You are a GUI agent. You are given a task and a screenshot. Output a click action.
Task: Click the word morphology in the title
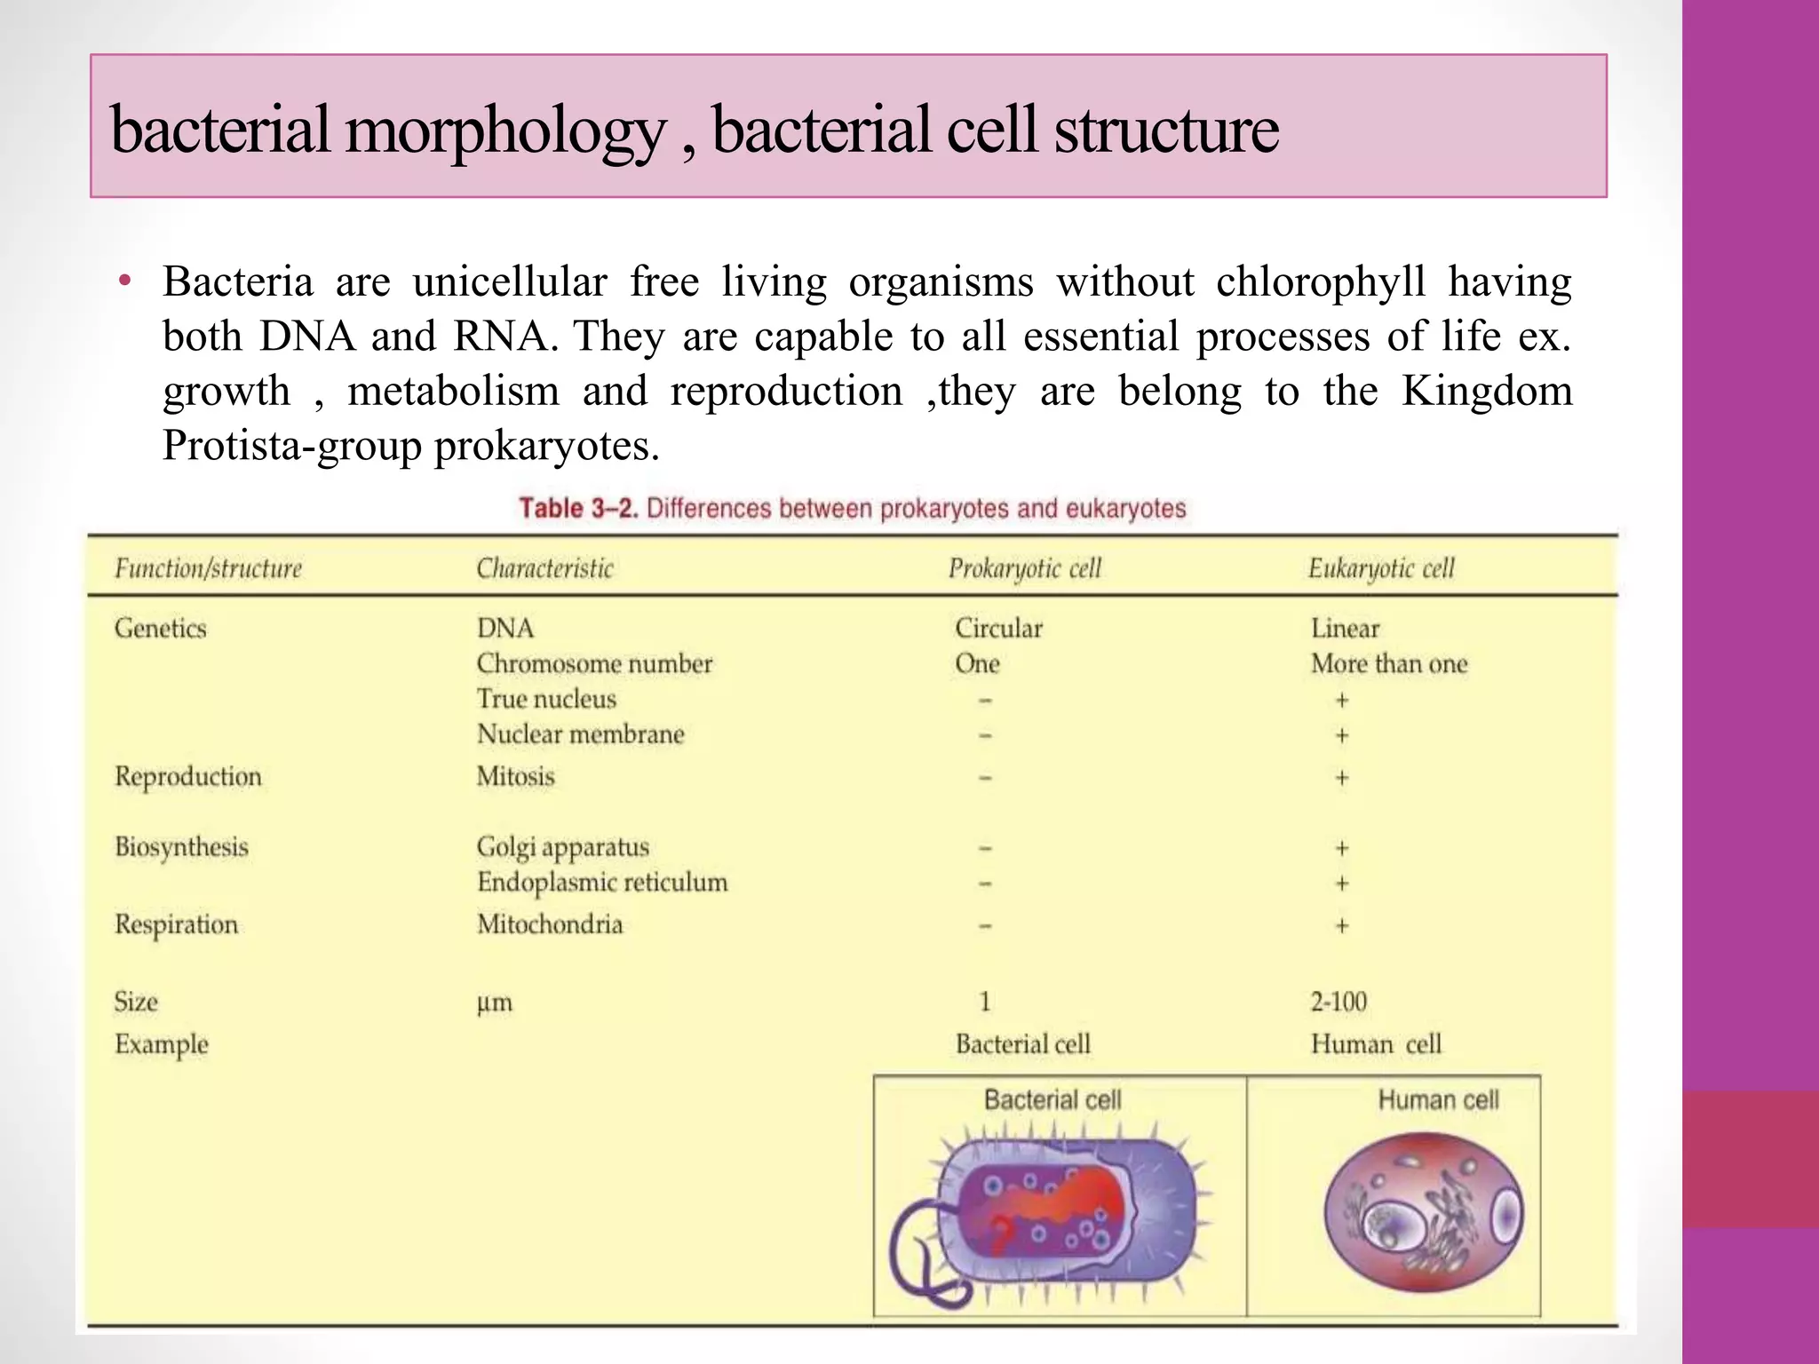(x=504, y=131)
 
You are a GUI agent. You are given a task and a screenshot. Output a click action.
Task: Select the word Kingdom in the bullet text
(x=1486, y=391)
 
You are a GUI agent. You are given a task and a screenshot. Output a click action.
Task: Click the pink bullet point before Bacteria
(x=125, y=282)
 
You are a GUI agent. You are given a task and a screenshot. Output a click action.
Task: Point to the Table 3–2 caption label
(x=578, y=509)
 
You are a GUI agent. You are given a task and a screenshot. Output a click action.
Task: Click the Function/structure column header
(x=208, y=568)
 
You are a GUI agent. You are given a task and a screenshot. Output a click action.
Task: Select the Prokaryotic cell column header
(x=1024, y=568)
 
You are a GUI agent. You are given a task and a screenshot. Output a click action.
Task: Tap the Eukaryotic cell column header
(x=1380, y=568)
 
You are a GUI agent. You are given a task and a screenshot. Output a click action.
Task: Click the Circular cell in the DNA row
(x=998, y=629)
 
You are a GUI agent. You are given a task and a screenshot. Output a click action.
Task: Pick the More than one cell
(x=1388, y=664)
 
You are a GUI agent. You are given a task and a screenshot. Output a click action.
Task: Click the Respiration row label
(x=176, y=925)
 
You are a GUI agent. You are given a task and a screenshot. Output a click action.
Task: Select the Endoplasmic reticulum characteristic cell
(x=601, y=883)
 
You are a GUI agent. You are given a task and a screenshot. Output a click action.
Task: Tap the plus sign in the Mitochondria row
(x=1341, y=926)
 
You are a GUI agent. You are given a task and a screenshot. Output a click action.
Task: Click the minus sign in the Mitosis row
(x=985, y=778)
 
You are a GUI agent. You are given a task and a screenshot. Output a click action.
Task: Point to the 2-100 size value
(x=1338, y=1003)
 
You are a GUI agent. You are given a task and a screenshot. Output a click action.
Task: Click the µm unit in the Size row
(x=494, y=1003)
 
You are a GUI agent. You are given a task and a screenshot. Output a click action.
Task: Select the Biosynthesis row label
(x=181, y=847)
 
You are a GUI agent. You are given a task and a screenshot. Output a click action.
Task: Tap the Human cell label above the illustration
(x=1437, y=1100)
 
